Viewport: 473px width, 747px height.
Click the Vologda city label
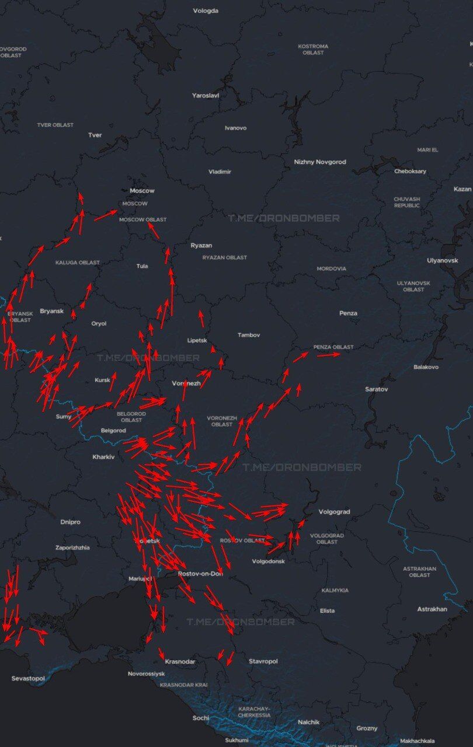206,11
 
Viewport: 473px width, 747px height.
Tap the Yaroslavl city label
206,95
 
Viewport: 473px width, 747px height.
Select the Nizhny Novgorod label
320,162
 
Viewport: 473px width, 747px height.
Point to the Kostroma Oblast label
313,49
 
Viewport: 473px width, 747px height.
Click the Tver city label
95,135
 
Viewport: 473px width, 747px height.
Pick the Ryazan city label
201,245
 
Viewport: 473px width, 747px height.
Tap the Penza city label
348,313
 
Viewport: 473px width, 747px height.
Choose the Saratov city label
376,389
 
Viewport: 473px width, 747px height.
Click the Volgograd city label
334,512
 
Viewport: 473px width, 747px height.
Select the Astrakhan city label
432,609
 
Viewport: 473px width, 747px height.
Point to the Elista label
327,610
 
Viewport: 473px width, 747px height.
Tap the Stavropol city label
263,661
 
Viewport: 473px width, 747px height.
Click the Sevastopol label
28,678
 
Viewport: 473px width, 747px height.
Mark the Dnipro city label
70,522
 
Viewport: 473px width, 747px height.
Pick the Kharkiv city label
103,456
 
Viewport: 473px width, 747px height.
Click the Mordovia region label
331,268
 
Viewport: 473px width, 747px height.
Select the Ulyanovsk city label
442,260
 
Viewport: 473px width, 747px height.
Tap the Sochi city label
201,718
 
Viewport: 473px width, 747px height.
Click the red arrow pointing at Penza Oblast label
329,354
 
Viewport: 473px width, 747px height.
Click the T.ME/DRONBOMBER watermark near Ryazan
283,218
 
